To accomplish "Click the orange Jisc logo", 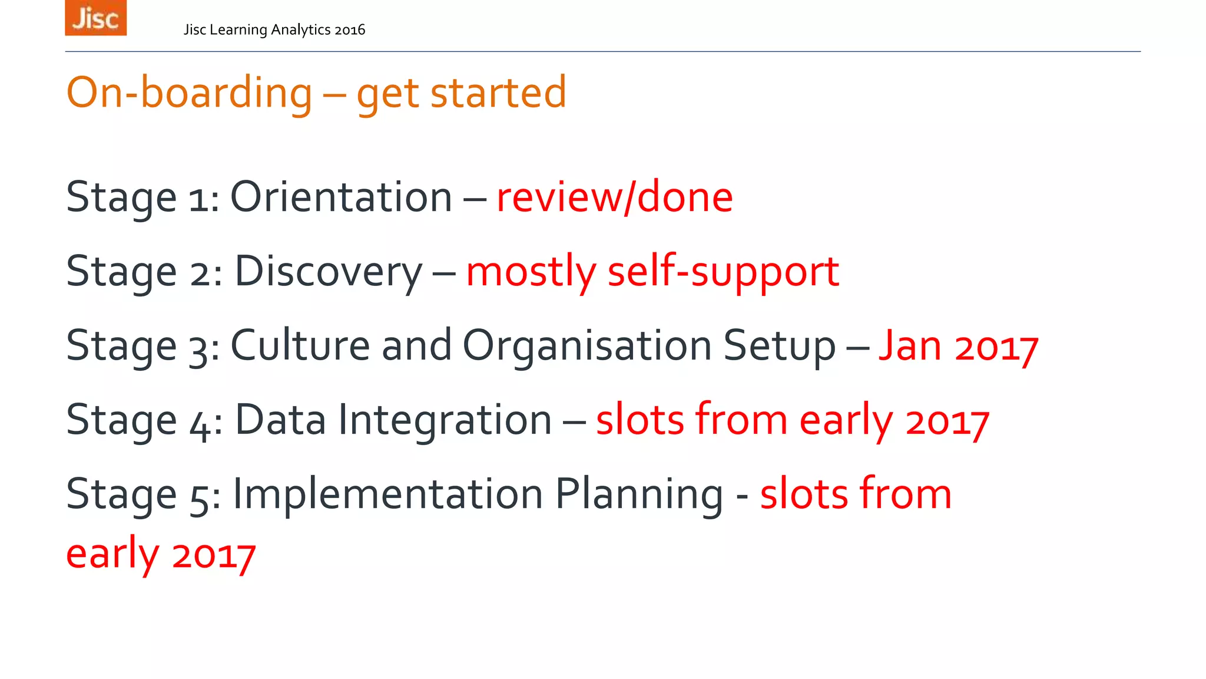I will [95, 18].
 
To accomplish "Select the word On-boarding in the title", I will [189, 93].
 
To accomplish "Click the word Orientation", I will [341, 197].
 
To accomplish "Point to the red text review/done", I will [614, 197].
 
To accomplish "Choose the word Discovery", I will [329, 272].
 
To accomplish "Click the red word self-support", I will [723, 272].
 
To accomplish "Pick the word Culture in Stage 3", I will [300, 345].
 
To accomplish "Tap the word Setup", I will [779, 347].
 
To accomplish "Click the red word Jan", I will [910, 346].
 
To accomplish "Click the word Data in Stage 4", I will [280, 420].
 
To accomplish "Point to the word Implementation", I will [387, 494].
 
